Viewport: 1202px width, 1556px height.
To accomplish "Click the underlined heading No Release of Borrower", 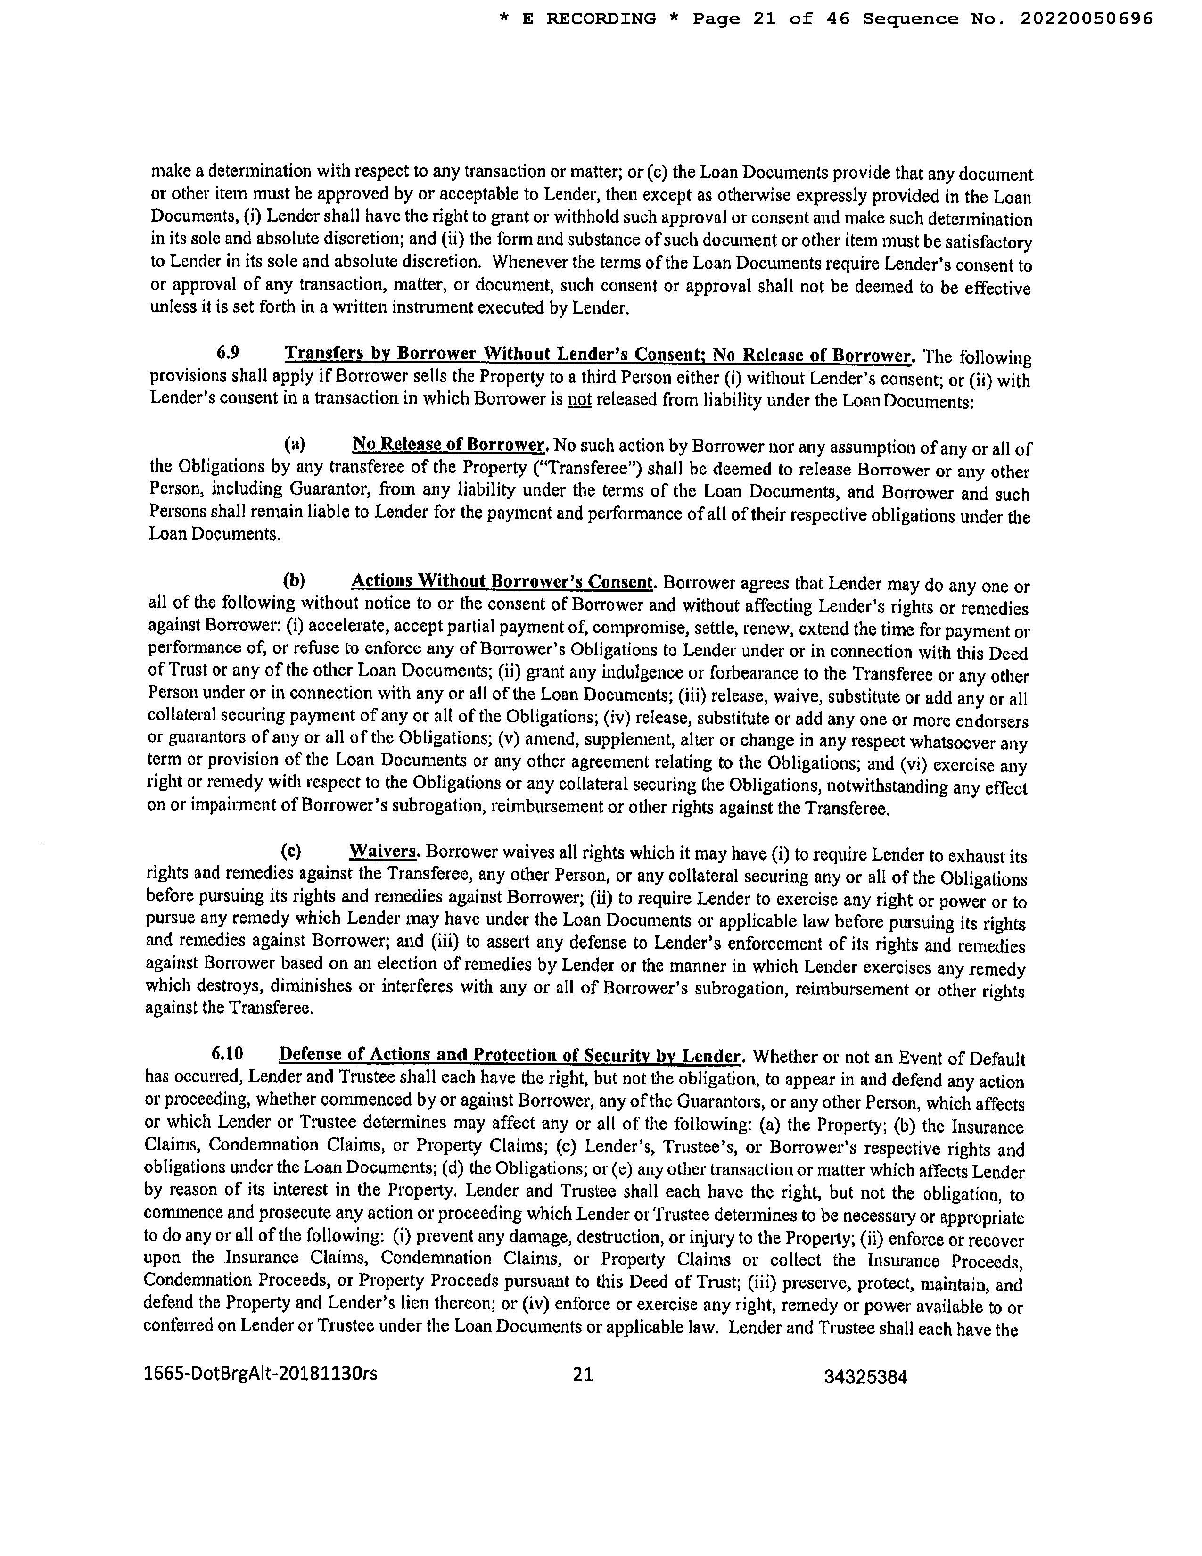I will click(449, 445).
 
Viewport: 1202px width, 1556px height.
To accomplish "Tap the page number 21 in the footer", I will click(583, 1374).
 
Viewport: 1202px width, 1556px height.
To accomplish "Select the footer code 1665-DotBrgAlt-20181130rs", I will click(261, 1374).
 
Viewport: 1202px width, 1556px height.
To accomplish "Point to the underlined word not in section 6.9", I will click(580, 400).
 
